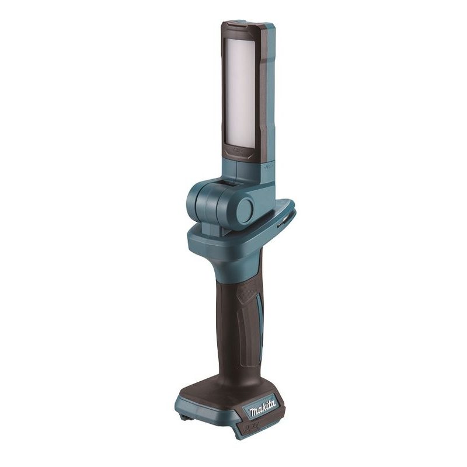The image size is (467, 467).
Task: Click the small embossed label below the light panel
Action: [x=239, y=151]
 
